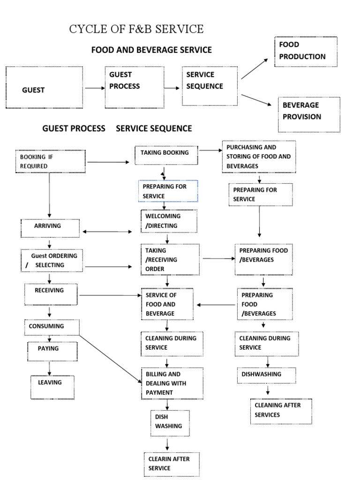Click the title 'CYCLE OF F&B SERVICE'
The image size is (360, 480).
coord(136,29)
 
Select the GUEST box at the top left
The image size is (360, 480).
coord(44,88)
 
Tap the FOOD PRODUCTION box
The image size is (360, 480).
coord(306,51)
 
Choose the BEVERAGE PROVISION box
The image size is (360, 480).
coord(309,114)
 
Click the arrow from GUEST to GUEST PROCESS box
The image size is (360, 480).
coord(95,88)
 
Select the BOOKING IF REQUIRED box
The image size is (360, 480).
coord(51,161)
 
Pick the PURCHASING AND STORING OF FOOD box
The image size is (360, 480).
coord(259,157)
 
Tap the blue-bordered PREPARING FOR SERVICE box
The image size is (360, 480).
coord(168,191)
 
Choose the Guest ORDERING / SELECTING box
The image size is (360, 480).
coord(52,261)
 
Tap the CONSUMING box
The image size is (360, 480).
coord(52,327)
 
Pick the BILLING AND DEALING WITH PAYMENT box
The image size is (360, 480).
coord(172,383)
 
